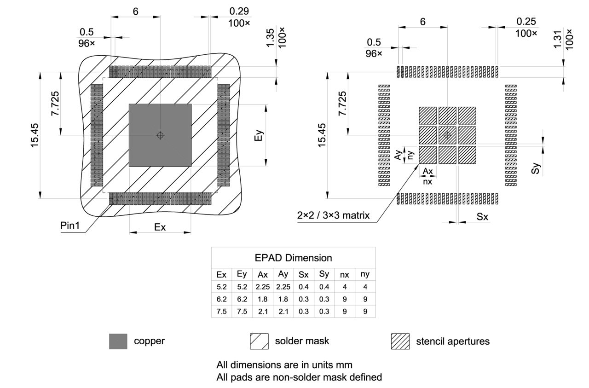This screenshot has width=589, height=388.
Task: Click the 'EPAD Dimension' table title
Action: pyautogui.click(x=293, y=258)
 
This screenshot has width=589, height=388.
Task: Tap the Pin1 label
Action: pyautogui.click(x=70, y=226)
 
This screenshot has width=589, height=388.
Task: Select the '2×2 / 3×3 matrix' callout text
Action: pyautogui.click(x=333, y=215)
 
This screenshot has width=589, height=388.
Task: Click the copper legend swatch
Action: pyautogui.click(x=118, y=342)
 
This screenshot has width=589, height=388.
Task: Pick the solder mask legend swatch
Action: pyautogui.click(x=259, y=342)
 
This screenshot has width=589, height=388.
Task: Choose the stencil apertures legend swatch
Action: pyautogui.click(x=400, y=342)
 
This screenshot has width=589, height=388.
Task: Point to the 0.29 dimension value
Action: pyautogui.click(x=239, y=10)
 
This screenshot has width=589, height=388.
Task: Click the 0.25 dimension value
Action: pyautogui.click(x=526, y=21)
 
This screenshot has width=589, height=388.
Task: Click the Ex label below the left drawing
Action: pyautogui.click(x=160, y=227)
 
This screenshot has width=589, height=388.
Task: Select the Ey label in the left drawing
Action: pyautogui.click(x=260, y=135)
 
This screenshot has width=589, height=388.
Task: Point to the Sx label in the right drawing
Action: pyautogui.click(x=482, y=217)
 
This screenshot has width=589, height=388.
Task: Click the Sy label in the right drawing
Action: pyautogui.click(x=535, y=168)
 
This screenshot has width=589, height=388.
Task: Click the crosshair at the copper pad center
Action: pyautogui.click(x=160, y=135)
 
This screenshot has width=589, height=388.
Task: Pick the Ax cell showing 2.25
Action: pyautogui.click(x=263, y=287)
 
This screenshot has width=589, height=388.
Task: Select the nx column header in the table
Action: pyautogui.click(x=344, y=275)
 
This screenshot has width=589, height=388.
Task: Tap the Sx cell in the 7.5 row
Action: pyautogui.click(x=304, y=312)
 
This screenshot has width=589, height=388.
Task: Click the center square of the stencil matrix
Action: pyautogui.click(x=447, y=135)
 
